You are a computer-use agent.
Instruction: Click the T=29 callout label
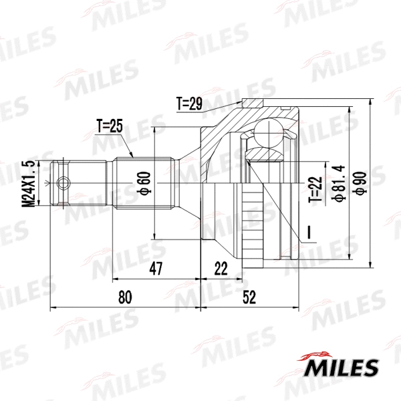(x=190, y=104)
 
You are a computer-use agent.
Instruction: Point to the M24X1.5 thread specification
(x=27, y=183)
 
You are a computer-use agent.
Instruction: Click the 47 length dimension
(x=156, y=269)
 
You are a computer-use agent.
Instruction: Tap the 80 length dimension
(x=125, y=296)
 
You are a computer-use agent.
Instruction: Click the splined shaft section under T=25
(x=144, y=182)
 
